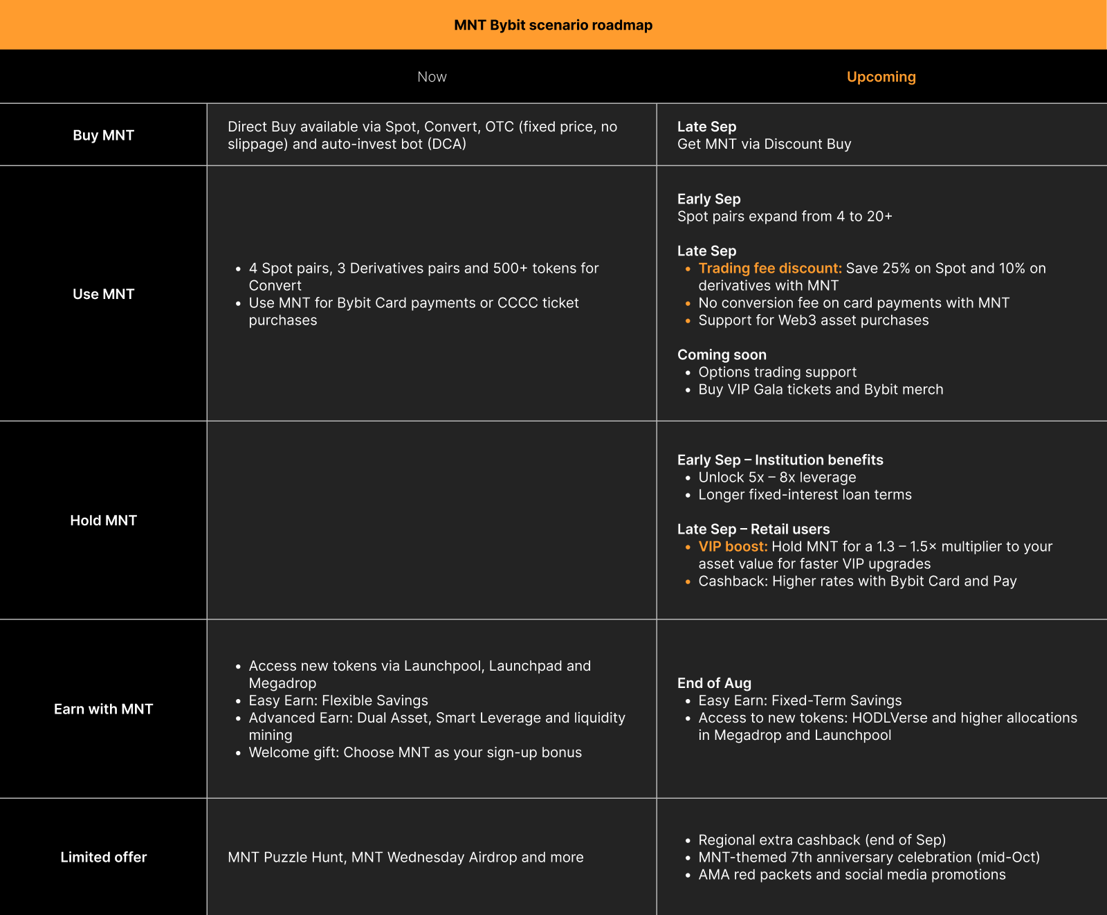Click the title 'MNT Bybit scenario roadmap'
pos(553,25)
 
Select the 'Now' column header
pos(432,77)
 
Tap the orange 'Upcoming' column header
pos(881,77)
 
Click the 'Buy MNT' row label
pos(103,135)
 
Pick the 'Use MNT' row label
pos(103,294)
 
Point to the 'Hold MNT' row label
pos(103,520)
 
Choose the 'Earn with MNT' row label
pos(103,709)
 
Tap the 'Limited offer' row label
pos(103,857)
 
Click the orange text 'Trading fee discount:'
pos(769,269)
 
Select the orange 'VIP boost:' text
pos(733,547)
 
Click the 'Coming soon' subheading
pos(722,355)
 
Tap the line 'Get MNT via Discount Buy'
pos(764,144)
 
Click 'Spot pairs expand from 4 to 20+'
pos(785,217)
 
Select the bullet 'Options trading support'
pos(777,372)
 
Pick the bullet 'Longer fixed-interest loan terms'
pos(805,495)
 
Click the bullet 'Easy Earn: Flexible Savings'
pos(338,700)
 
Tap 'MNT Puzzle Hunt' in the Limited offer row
pos(286,858)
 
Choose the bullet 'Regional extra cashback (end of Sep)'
pos(822,840)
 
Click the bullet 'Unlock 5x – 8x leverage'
pos(777,478)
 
